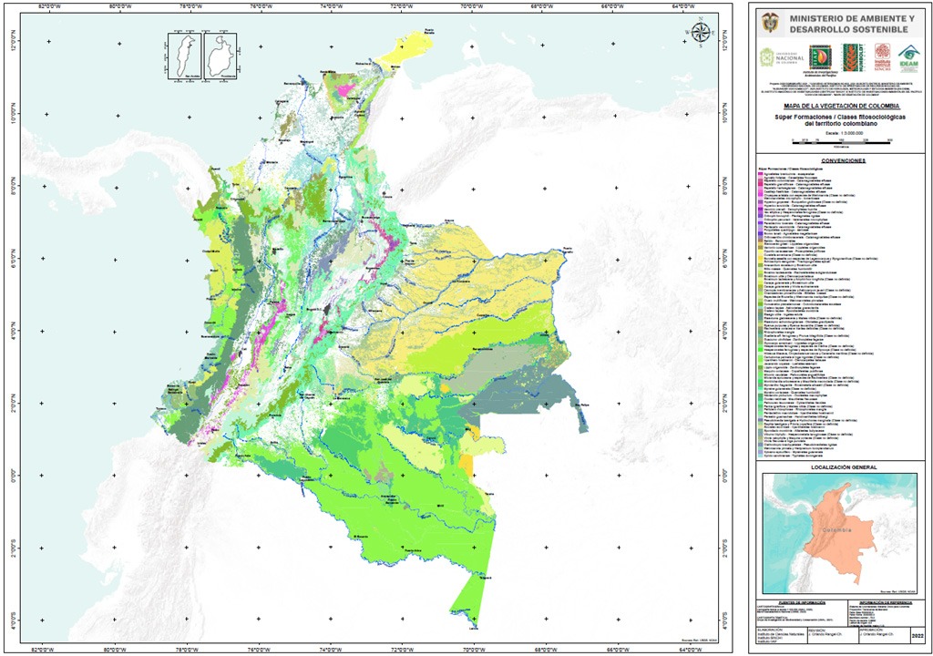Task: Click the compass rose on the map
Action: tap(701, 33)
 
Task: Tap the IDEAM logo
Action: tap(907, 56)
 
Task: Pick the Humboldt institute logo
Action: tap(851, 56)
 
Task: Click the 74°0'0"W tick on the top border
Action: tap(330, 8)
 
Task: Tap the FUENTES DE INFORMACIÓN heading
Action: tap(792, 603)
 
